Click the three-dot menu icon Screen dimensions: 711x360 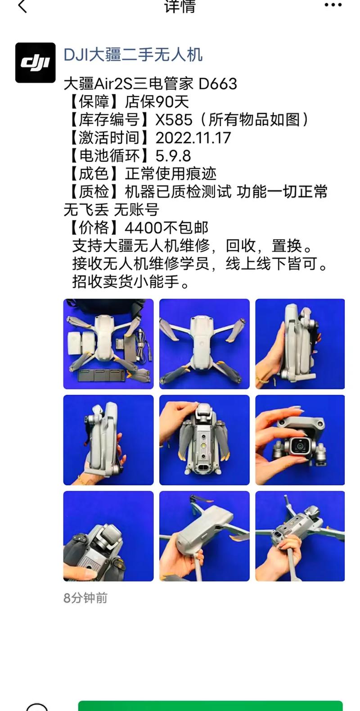(x=333, y=5)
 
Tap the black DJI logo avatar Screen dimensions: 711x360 (x=35, y=63)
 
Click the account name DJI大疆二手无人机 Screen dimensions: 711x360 (x=133, y=55)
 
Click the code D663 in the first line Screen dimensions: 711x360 (x=218, y=84)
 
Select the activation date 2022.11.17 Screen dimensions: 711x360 (x=193, y=138)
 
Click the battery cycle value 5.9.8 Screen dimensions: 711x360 (x=173, y=156)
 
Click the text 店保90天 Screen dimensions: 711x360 (x=157, y=102)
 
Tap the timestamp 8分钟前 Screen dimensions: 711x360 (x=85, y=598)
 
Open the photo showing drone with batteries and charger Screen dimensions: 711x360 (x=108, y=344)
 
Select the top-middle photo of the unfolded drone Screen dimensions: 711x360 (x=204, y=344)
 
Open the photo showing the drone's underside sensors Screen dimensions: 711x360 (x=204, y=440)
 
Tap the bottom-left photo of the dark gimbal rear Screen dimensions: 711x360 (x=108, y=536)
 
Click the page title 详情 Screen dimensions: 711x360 (x=180, y=6)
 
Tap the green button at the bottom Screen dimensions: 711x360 (x=210, y=706)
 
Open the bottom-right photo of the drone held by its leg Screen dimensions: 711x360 (x=300, y=536)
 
